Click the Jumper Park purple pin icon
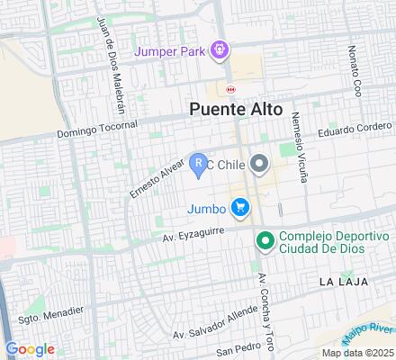click(x=219, y=49)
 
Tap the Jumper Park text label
click(x=172, y=50)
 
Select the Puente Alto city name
click(x=236, y=109)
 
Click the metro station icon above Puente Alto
click(x=231, y=89)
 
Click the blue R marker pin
click(x=199, y=165)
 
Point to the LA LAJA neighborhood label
click(x=341, y=282)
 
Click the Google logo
click(x=30, y=348)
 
